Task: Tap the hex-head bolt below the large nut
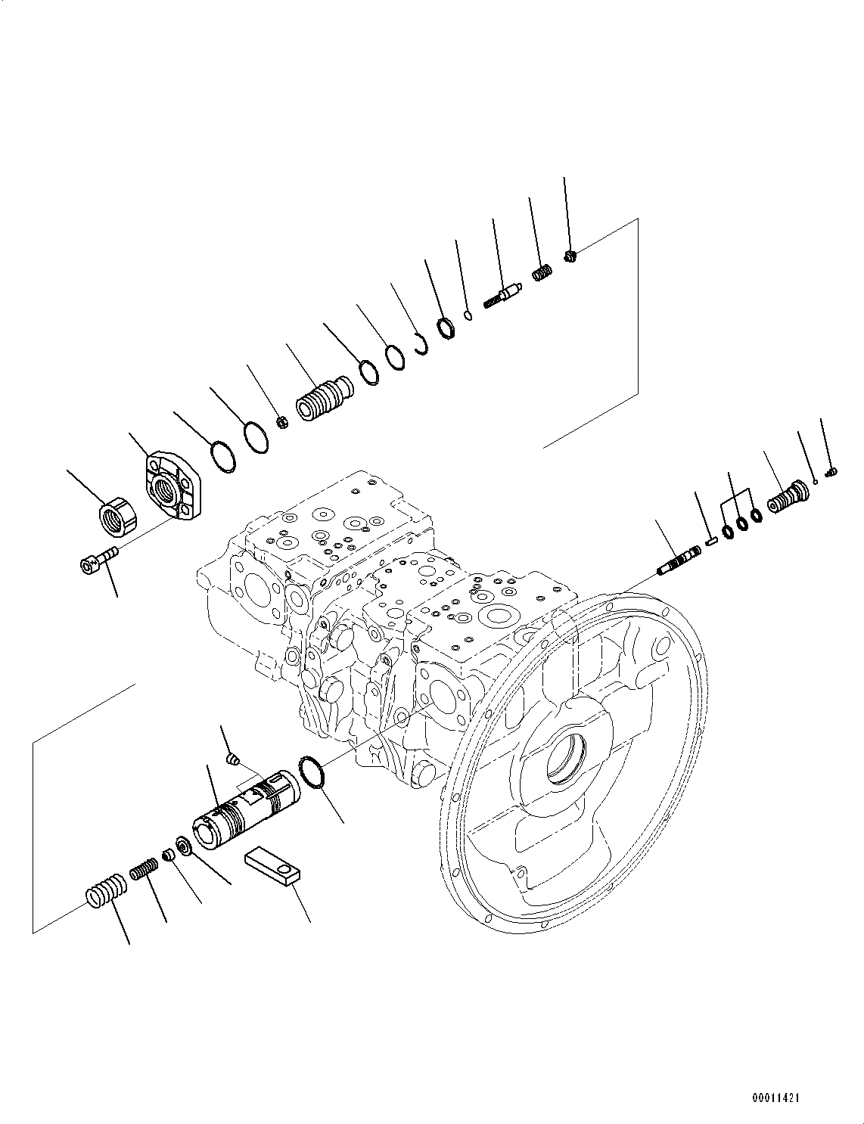pyautogui.click(x=97, y=561)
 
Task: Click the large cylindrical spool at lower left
pyautogui.click(x=248, y=812)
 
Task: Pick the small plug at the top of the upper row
pyautogui.click(x=572, y=256)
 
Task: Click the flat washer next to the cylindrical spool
pyautogui.click(x=184, y=845)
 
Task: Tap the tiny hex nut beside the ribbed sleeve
pyautogui.click(x=281, y=422)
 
